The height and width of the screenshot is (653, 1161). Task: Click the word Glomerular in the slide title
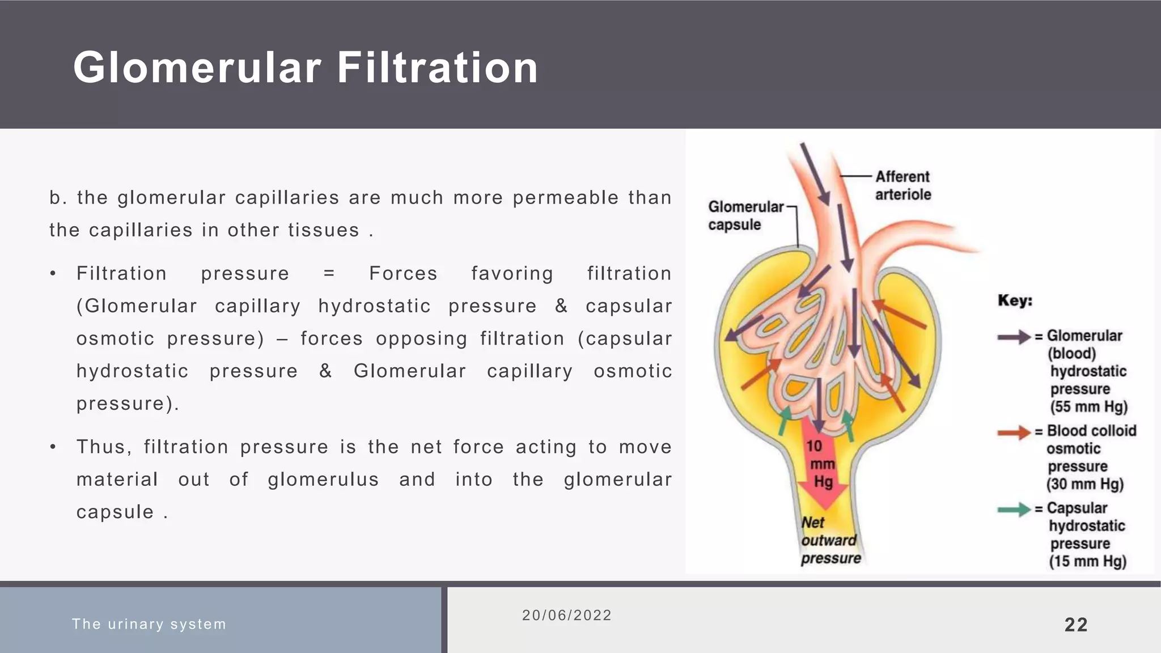[x=197, y=68]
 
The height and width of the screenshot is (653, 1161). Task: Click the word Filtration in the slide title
[x=437, y=68]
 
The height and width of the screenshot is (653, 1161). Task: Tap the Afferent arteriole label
[x=902, y=185]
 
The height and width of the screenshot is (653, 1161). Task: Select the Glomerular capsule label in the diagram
[x=745, y=215]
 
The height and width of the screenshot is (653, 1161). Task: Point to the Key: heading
[x=1015, y=300]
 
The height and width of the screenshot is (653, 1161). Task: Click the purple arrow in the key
[x=1014, y=337]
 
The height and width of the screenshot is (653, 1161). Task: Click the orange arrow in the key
[x=1014, y=432]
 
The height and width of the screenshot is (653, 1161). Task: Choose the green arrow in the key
[x=1014, y=510]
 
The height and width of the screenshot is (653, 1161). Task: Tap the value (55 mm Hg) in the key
[x=1088, y=407]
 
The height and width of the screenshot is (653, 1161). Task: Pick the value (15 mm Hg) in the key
[x=1087, y=561]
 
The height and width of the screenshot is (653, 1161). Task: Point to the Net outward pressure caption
[x=830, y=541]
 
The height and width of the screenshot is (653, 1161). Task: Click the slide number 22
[x=1076, y=625]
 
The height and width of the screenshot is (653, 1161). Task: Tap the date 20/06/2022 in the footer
[x=567, y=616]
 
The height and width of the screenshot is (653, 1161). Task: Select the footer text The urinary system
[x=149, y=624]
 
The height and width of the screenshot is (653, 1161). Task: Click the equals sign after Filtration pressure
[x=329, y=274]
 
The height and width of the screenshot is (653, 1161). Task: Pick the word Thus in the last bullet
[x=104, y=447]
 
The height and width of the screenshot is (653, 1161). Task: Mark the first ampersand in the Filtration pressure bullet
[x=561, y=306]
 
